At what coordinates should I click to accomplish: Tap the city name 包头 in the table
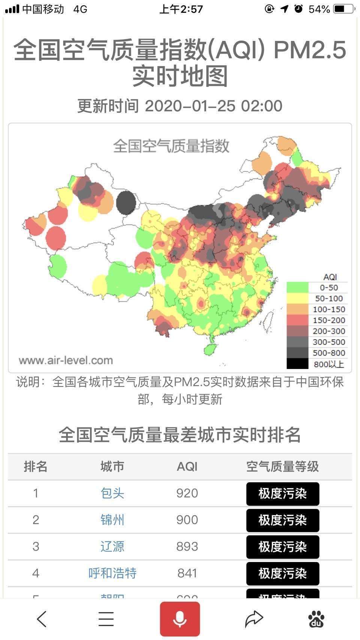click(112, 493)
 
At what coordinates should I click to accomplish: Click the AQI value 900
click(187, 520)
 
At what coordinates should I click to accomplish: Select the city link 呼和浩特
click(112, 573)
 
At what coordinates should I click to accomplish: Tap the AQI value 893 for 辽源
click(187, 546)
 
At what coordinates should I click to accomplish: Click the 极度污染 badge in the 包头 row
click(282, 493)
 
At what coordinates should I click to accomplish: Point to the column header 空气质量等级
click(282, 466)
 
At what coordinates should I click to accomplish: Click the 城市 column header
click(112, 466)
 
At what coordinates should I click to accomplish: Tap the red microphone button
click(180, 619)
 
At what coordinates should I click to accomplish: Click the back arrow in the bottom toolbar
click(42, 619)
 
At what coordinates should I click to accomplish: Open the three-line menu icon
click(106, 619)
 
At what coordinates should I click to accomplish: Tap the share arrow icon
click(254, 619)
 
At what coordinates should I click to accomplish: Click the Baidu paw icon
click(316, 619)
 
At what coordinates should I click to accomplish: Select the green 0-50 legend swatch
click(297, 288)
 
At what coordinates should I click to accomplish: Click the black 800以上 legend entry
click(317, 364)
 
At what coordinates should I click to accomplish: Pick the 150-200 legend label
click(328, 320)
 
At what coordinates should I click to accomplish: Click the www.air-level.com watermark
click(66, 360)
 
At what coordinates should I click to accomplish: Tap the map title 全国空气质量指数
click(171, 146)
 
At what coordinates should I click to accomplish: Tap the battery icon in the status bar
click(343, 9)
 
